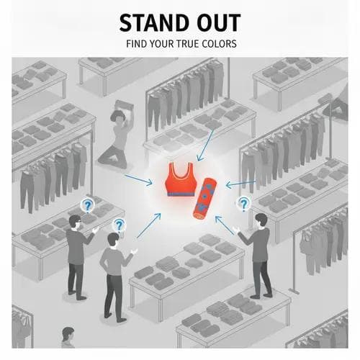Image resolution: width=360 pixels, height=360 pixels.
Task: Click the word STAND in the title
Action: [153, 23]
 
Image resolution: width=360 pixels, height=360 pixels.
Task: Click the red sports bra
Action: [180, 180]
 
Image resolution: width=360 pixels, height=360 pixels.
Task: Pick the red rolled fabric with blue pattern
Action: [205, 199]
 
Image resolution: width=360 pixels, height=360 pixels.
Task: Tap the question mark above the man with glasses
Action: [87, 206]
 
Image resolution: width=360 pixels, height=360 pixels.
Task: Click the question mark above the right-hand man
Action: [244, 204]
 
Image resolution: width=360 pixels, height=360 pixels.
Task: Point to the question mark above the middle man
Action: [119, 225]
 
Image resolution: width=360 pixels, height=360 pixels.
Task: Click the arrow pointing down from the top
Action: [205, 145]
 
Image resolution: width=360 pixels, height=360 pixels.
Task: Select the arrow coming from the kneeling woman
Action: [138, 180]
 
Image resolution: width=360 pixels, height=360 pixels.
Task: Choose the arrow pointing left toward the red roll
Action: [240, 184]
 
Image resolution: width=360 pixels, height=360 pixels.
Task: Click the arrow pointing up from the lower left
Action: [149, 225]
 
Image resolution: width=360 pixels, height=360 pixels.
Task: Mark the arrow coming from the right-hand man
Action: [225, 225]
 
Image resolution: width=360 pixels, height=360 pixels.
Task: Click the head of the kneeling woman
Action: [117, 117]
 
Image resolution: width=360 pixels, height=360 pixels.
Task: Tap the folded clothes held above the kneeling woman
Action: [124, 105]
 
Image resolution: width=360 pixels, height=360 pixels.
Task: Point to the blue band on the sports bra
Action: [181, 194]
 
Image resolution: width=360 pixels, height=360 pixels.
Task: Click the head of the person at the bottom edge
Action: [68, 334]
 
